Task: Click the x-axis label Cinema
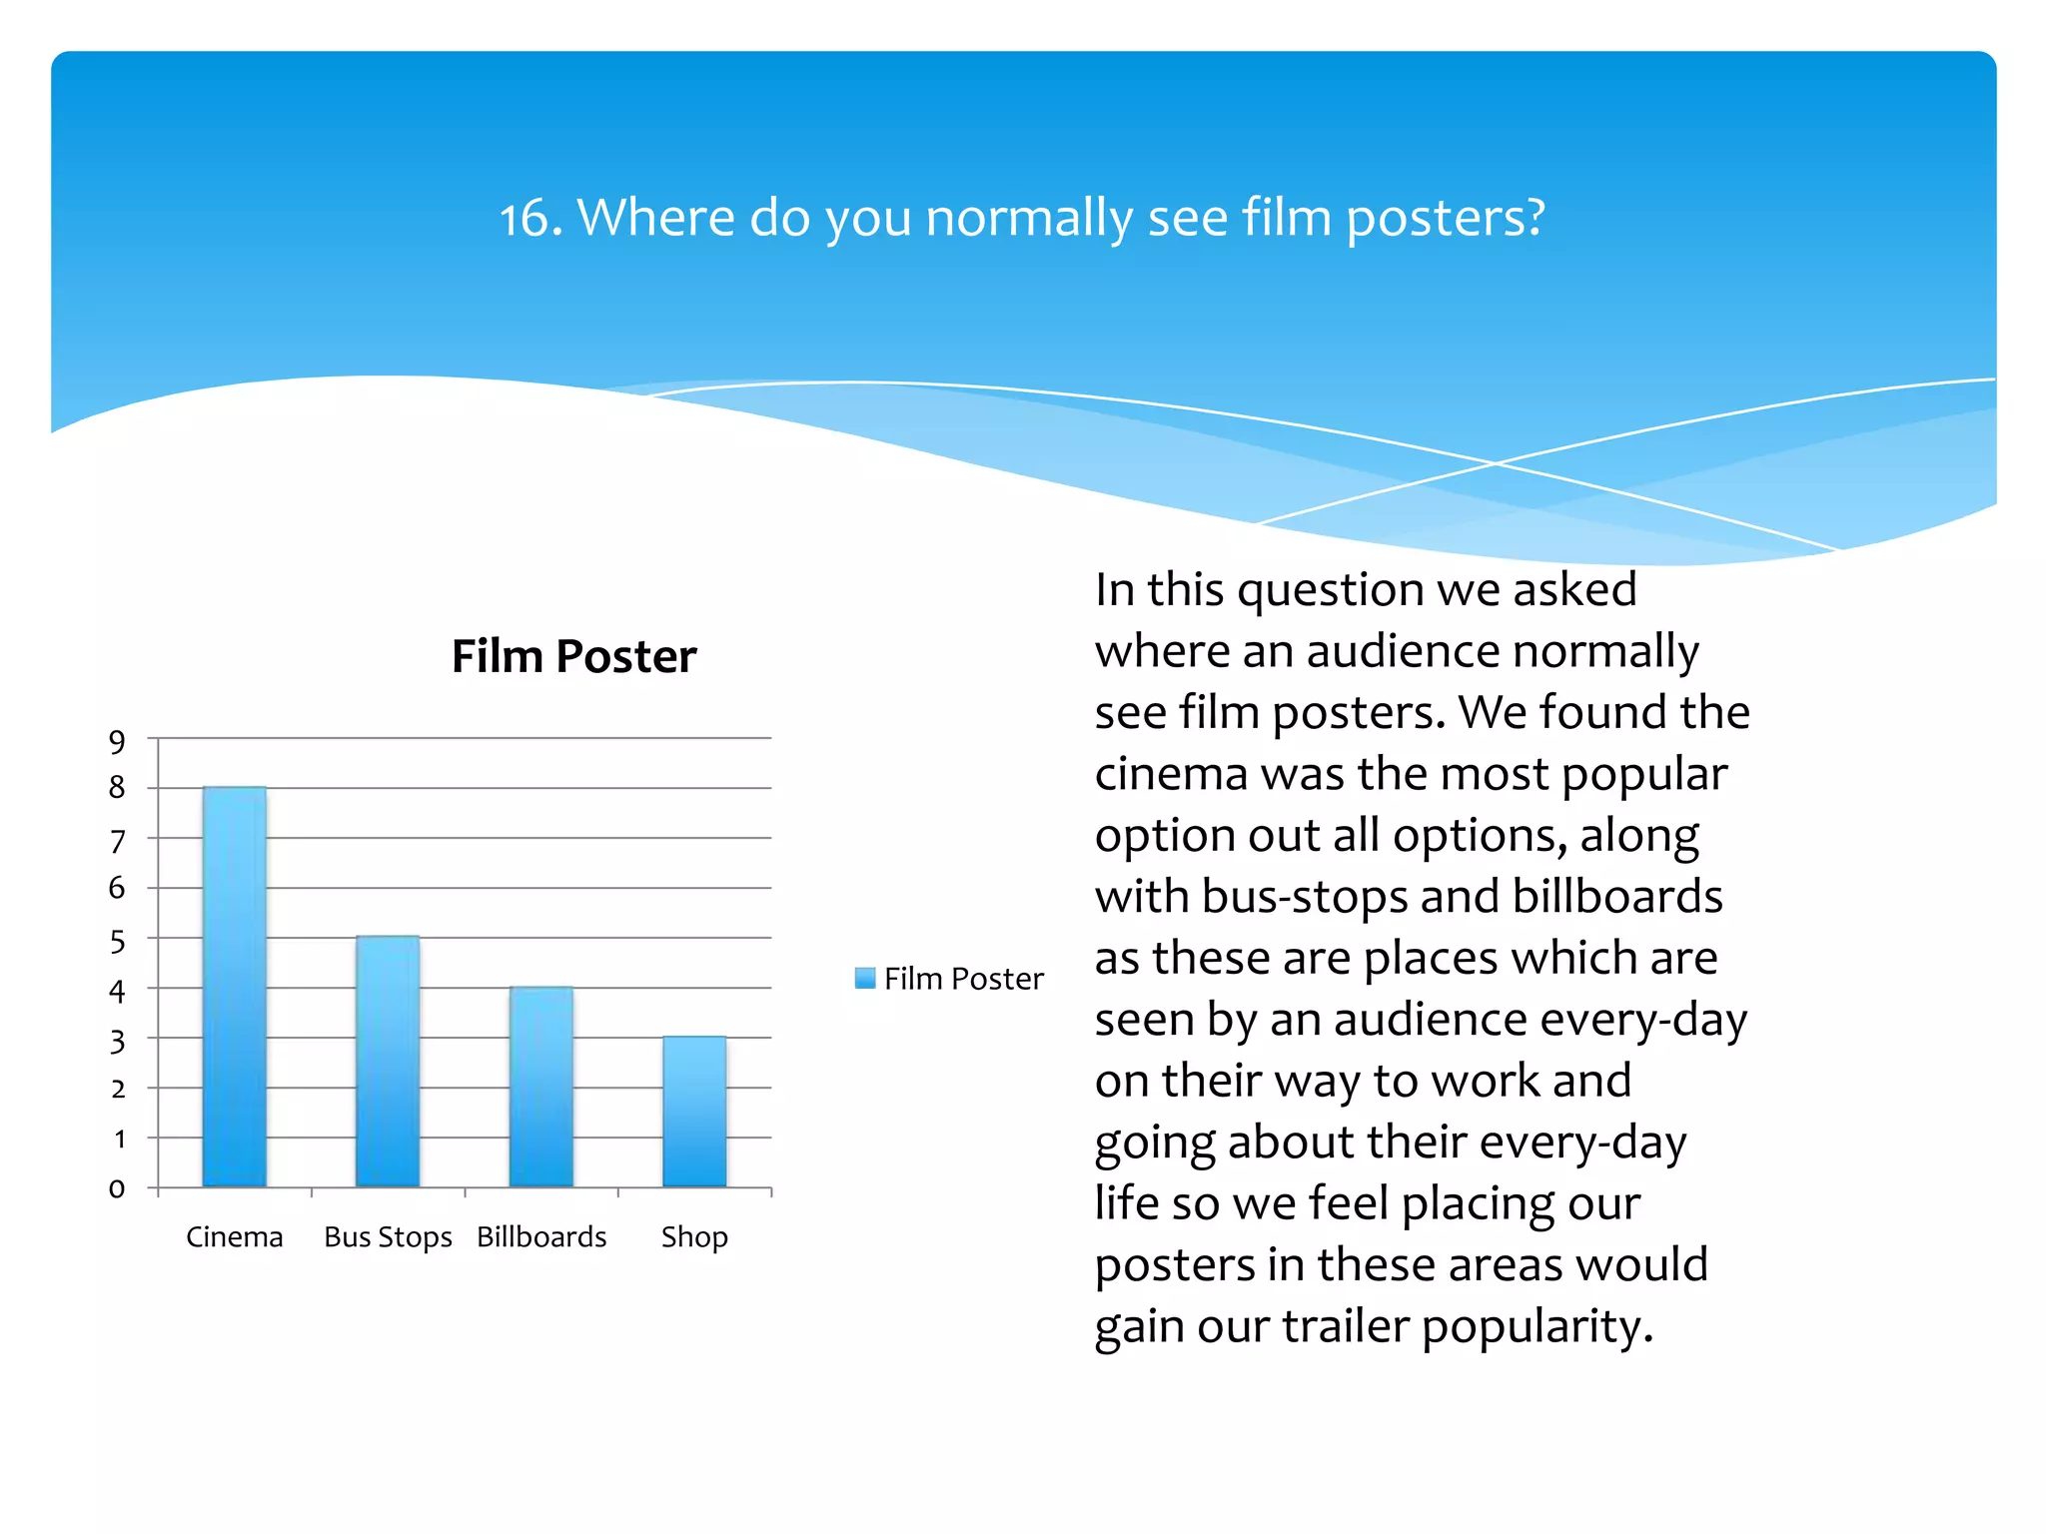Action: coord(235,1236)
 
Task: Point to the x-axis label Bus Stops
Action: coord(388,1236)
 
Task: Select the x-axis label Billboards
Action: coord(541,1236)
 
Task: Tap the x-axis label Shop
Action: coord(694,1236)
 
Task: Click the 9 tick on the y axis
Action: coord(118,741)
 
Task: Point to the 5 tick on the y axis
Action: coord(118,941)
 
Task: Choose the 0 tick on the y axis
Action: coord(118,1188)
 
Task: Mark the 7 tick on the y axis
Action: coord(118,841)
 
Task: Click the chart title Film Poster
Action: coord(573,656)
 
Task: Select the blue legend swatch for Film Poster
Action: coord(865,978)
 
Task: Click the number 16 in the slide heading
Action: coord(524,218)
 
